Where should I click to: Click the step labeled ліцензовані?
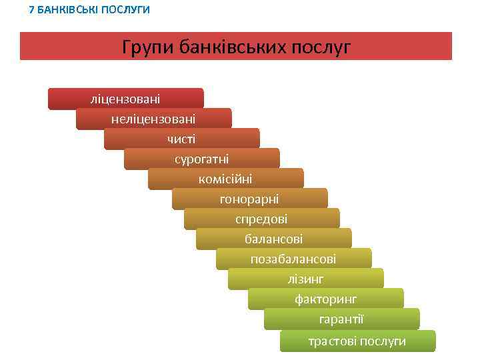125,99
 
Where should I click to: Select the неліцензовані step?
153,119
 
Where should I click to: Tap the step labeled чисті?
181,139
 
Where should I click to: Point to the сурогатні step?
201,159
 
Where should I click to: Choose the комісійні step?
225,179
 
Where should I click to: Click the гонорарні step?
249,199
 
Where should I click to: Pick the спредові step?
261,219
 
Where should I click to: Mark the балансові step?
273,239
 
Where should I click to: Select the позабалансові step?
293,259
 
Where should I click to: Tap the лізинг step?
305,279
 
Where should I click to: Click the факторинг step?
325,299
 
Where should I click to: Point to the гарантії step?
341,319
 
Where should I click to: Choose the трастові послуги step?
357,341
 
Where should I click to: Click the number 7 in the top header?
32,10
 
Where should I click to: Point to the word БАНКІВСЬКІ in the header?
67,10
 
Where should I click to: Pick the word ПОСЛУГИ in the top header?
124,10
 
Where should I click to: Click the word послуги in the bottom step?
383,341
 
